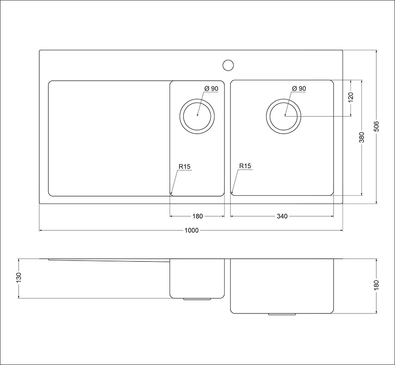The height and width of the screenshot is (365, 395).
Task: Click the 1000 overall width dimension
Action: pyautogui.click(x=191, y=230)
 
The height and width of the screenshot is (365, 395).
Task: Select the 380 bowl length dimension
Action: pyautogui.click(x=362, y=137)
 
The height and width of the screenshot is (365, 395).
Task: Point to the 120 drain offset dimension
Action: pyautogui.click(x=351, y=98)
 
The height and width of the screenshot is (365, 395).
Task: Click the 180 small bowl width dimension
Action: pyautogui.click(x=198, y=216)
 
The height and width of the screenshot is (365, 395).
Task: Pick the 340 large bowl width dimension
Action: pyautogui.click(x=282, y=216)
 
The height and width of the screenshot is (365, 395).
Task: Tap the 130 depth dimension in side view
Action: pyautogui.click(x=19, y=278)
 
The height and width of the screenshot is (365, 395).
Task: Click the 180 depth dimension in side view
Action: pyautogui.click(x=376, y=285)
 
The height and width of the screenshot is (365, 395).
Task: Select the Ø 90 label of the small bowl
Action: pyautogui.click(x=211, y=89)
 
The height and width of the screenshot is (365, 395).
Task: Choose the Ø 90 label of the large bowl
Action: pyautogui.click(x=299, y=89)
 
